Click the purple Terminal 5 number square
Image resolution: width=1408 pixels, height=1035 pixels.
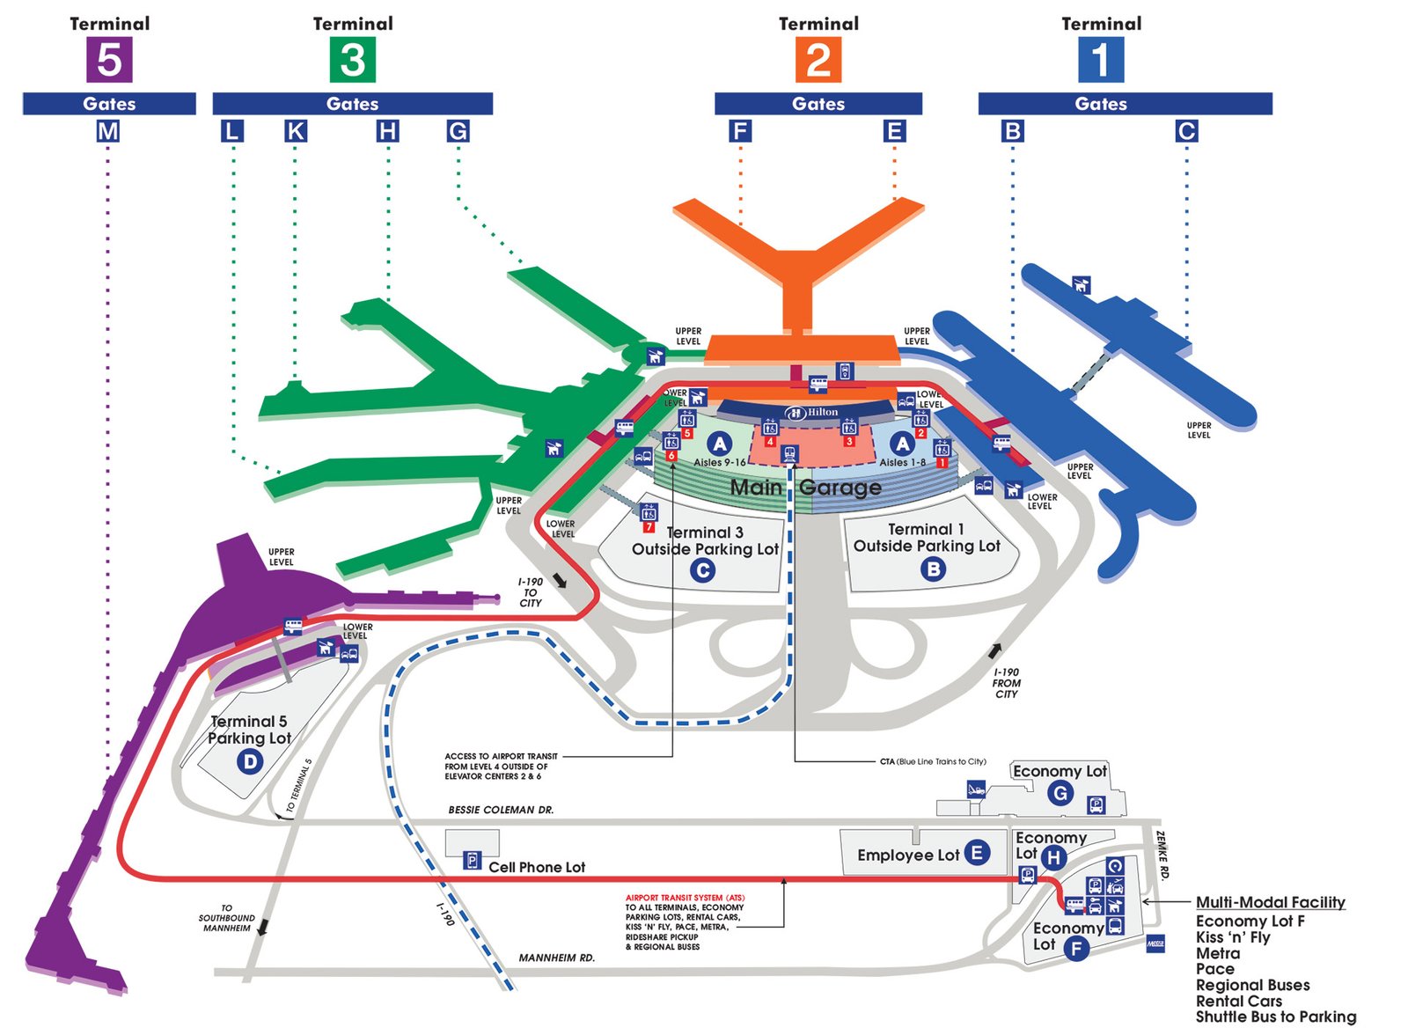coord(109,59)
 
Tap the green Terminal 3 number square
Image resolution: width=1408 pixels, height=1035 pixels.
coord(352,59)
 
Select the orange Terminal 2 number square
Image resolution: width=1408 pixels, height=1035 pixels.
coord(818,59)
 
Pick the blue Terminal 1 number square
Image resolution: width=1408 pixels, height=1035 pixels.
coord(1101,59)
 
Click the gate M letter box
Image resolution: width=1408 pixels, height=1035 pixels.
coord(108,131)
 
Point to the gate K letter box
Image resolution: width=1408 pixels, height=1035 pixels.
coord(296,131)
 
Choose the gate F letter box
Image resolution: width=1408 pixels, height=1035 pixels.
coord(740,131)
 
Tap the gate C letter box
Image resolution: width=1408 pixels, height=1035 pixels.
coord(1186,131)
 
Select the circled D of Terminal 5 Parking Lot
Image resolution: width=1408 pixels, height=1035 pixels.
coord(251,761)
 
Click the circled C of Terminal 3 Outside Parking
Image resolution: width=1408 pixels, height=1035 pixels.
coord(702,571)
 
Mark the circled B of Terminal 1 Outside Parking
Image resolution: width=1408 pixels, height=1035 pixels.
coord(933,569)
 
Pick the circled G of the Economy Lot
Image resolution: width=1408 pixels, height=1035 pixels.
coord(1060,794)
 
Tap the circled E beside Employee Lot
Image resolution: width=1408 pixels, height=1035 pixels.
coord(977,852)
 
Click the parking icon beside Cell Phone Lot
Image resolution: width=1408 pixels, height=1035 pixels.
coord(473,861)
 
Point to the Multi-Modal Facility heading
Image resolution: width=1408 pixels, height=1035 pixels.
coord(1270,902)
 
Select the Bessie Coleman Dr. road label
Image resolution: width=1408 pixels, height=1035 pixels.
coord(501,810)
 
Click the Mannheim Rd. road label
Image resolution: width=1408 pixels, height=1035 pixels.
coord(556,958)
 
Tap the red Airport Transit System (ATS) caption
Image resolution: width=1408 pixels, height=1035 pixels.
coord(685,898)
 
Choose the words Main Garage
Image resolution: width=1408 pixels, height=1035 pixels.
coord(805,488)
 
